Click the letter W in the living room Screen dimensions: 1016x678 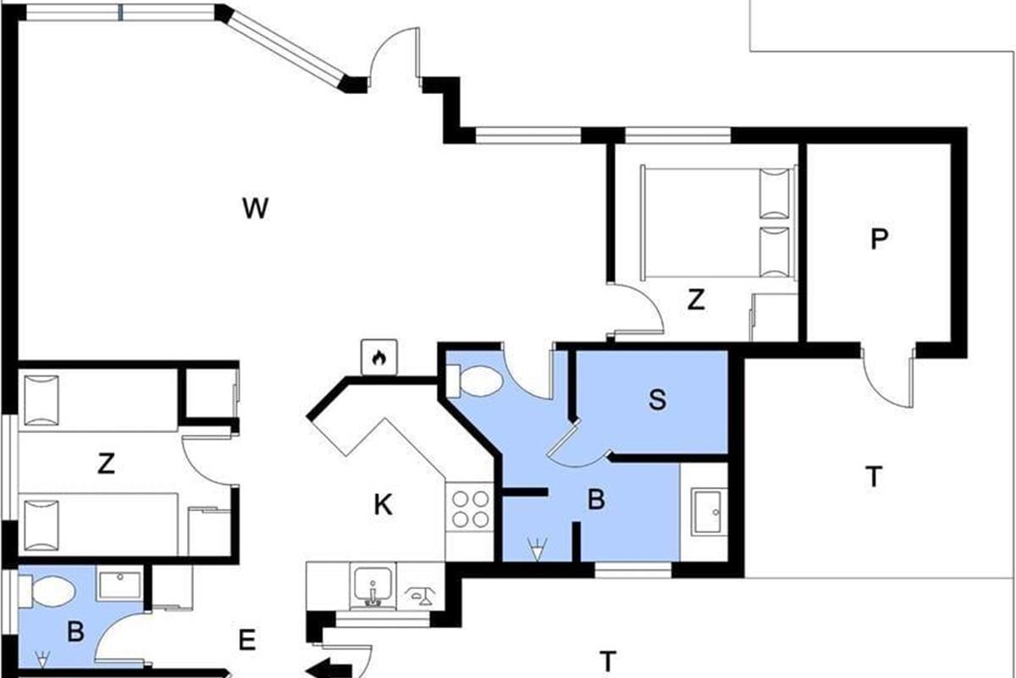tap(256, 208)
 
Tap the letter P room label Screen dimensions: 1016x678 tap(879, 239)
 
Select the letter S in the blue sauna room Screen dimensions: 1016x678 tap(657, 400)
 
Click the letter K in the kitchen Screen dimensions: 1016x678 tap(384, 504)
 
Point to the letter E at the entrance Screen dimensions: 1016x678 tap(247, 641)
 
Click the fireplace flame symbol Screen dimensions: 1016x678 tap(379, 358)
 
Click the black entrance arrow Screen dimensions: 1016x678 tap(329, 670)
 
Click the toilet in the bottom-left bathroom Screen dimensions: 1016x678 tap(47, 592)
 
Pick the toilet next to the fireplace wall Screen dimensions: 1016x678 tap(474, 381)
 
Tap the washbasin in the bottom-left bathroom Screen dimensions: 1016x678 tap(120, 586)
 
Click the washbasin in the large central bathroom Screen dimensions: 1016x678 tap(708, 511)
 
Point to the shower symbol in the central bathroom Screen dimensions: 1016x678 tap(537, 549)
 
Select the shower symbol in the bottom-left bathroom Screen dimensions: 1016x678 tap(42, 659)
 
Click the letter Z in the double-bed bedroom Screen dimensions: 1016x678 tap(696, 300)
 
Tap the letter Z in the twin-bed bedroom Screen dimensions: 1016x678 tap(106, 464)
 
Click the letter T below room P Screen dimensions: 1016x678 tap(874, 477)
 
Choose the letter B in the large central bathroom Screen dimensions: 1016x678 tap(596, 499)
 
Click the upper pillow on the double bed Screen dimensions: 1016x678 tap(775, 194)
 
